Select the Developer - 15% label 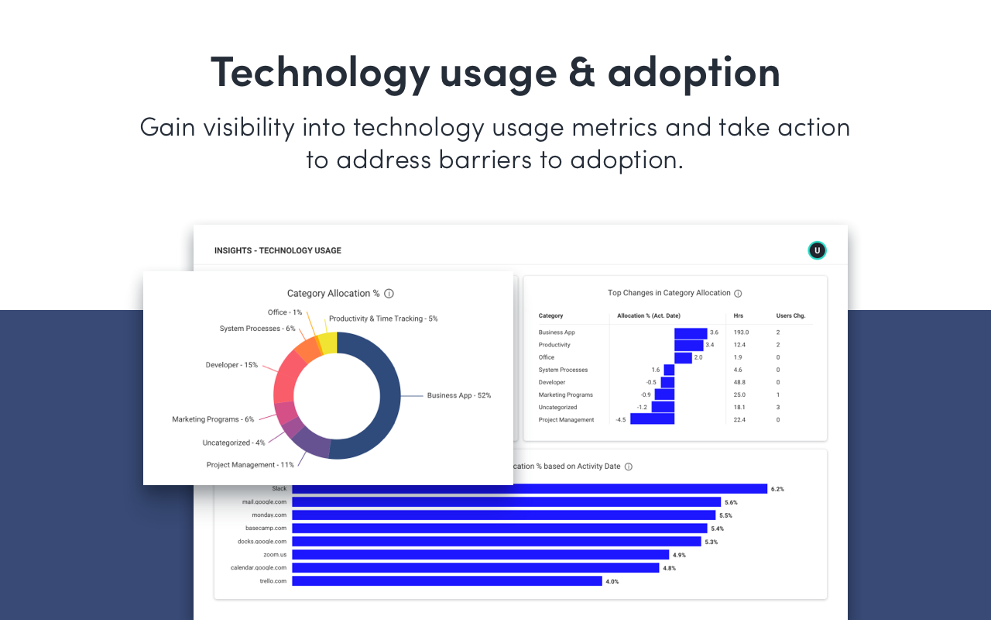pos(231,365)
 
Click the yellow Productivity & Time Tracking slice pos(328,343)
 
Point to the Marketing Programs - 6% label pos(213,419)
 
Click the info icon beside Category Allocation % pos(389,294)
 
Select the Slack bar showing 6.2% pos(529,489)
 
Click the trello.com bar pos(447,581)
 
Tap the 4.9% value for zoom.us pos(679,555)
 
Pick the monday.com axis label pos(269,515)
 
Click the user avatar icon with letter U pos(817,250)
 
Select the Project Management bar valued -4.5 pos(652,419)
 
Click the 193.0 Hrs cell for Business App pos(741,332)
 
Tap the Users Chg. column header pos(790,315)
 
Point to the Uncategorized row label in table pos(557,407)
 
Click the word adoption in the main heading pos(694,71)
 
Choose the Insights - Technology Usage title pos(278,250)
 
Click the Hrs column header pos(738,315)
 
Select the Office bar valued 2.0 pos(683,357)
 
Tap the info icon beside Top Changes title pos(738,294)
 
